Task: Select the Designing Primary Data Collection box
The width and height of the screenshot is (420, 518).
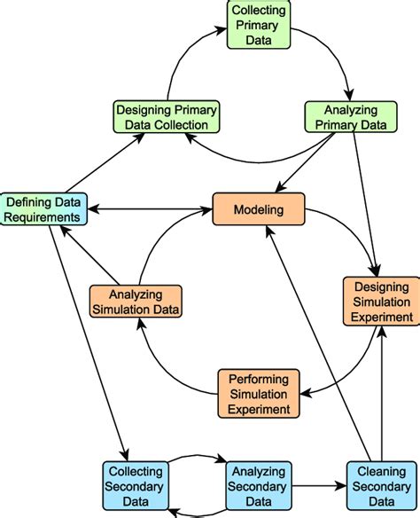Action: coord(167,117)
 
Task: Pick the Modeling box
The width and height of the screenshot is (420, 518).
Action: coord(259,209)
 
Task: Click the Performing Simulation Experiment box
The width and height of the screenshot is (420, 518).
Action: coord(258,394)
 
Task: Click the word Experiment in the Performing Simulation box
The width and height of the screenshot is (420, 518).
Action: coord(258,409)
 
